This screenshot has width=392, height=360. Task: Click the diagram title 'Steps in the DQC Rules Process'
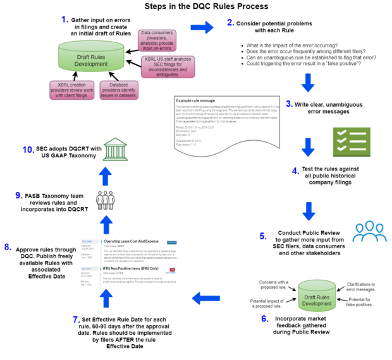click(197, 7)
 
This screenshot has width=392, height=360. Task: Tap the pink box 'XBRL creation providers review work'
click(70, 89)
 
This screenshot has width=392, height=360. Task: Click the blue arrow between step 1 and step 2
click(202, 27)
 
